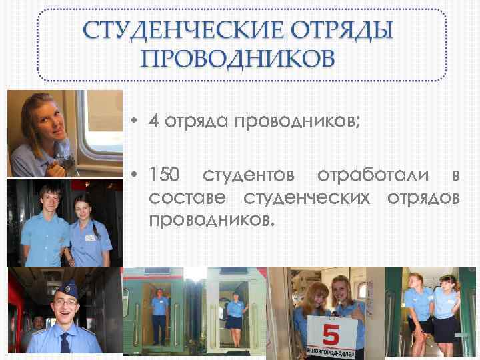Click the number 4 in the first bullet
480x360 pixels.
(154, 122)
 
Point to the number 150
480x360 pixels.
(164, 175)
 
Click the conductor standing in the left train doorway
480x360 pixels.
(159, 313)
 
